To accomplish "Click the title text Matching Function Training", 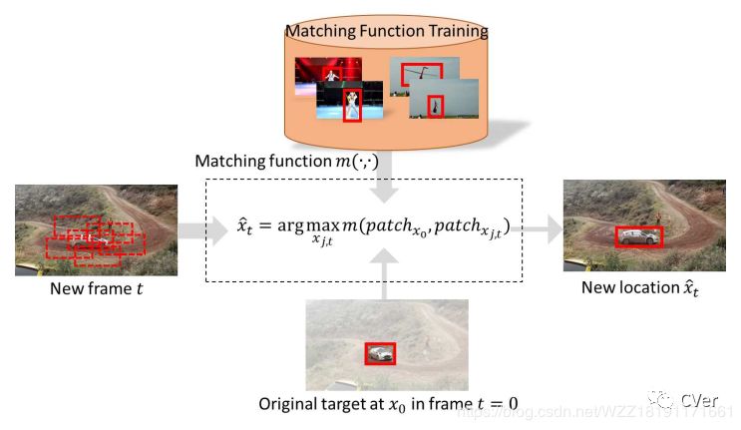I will [x=387, y=31].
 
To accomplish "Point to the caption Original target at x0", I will [x=388, y=403].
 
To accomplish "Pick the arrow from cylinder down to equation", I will [x=387, y=185].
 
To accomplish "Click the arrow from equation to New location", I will [x=544, y=229].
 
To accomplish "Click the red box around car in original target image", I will [x=379, y=353].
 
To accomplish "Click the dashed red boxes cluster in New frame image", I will [x=95, y=236].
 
